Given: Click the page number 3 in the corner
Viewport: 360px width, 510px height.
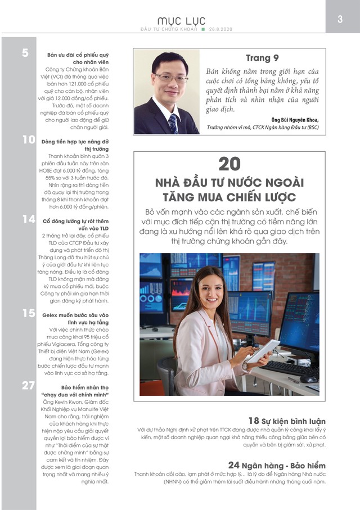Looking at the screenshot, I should click(x=340, y=19).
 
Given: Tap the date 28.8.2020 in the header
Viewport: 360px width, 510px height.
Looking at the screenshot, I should click(x=221, y=29).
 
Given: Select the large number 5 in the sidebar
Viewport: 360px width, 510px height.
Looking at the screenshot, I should click(x=26, y=53).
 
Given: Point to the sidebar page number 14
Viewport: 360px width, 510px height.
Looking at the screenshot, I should click(x=29, y=219).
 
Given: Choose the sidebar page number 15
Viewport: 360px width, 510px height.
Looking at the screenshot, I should click(x=29, y=313).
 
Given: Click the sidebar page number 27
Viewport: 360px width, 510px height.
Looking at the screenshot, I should click(x=29, y=385).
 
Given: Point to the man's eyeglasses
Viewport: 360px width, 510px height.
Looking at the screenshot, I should click(x=169, y=78).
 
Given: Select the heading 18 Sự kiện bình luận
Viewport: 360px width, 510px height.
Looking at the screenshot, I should click(x=287, y=421).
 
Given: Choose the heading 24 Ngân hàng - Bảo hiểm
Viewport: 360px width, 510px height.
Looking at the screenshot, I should click(x=277, y=466).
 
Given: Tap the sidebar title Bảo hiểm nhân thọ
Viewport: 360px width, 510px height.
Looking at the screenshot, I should click(x=77, y=387).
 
